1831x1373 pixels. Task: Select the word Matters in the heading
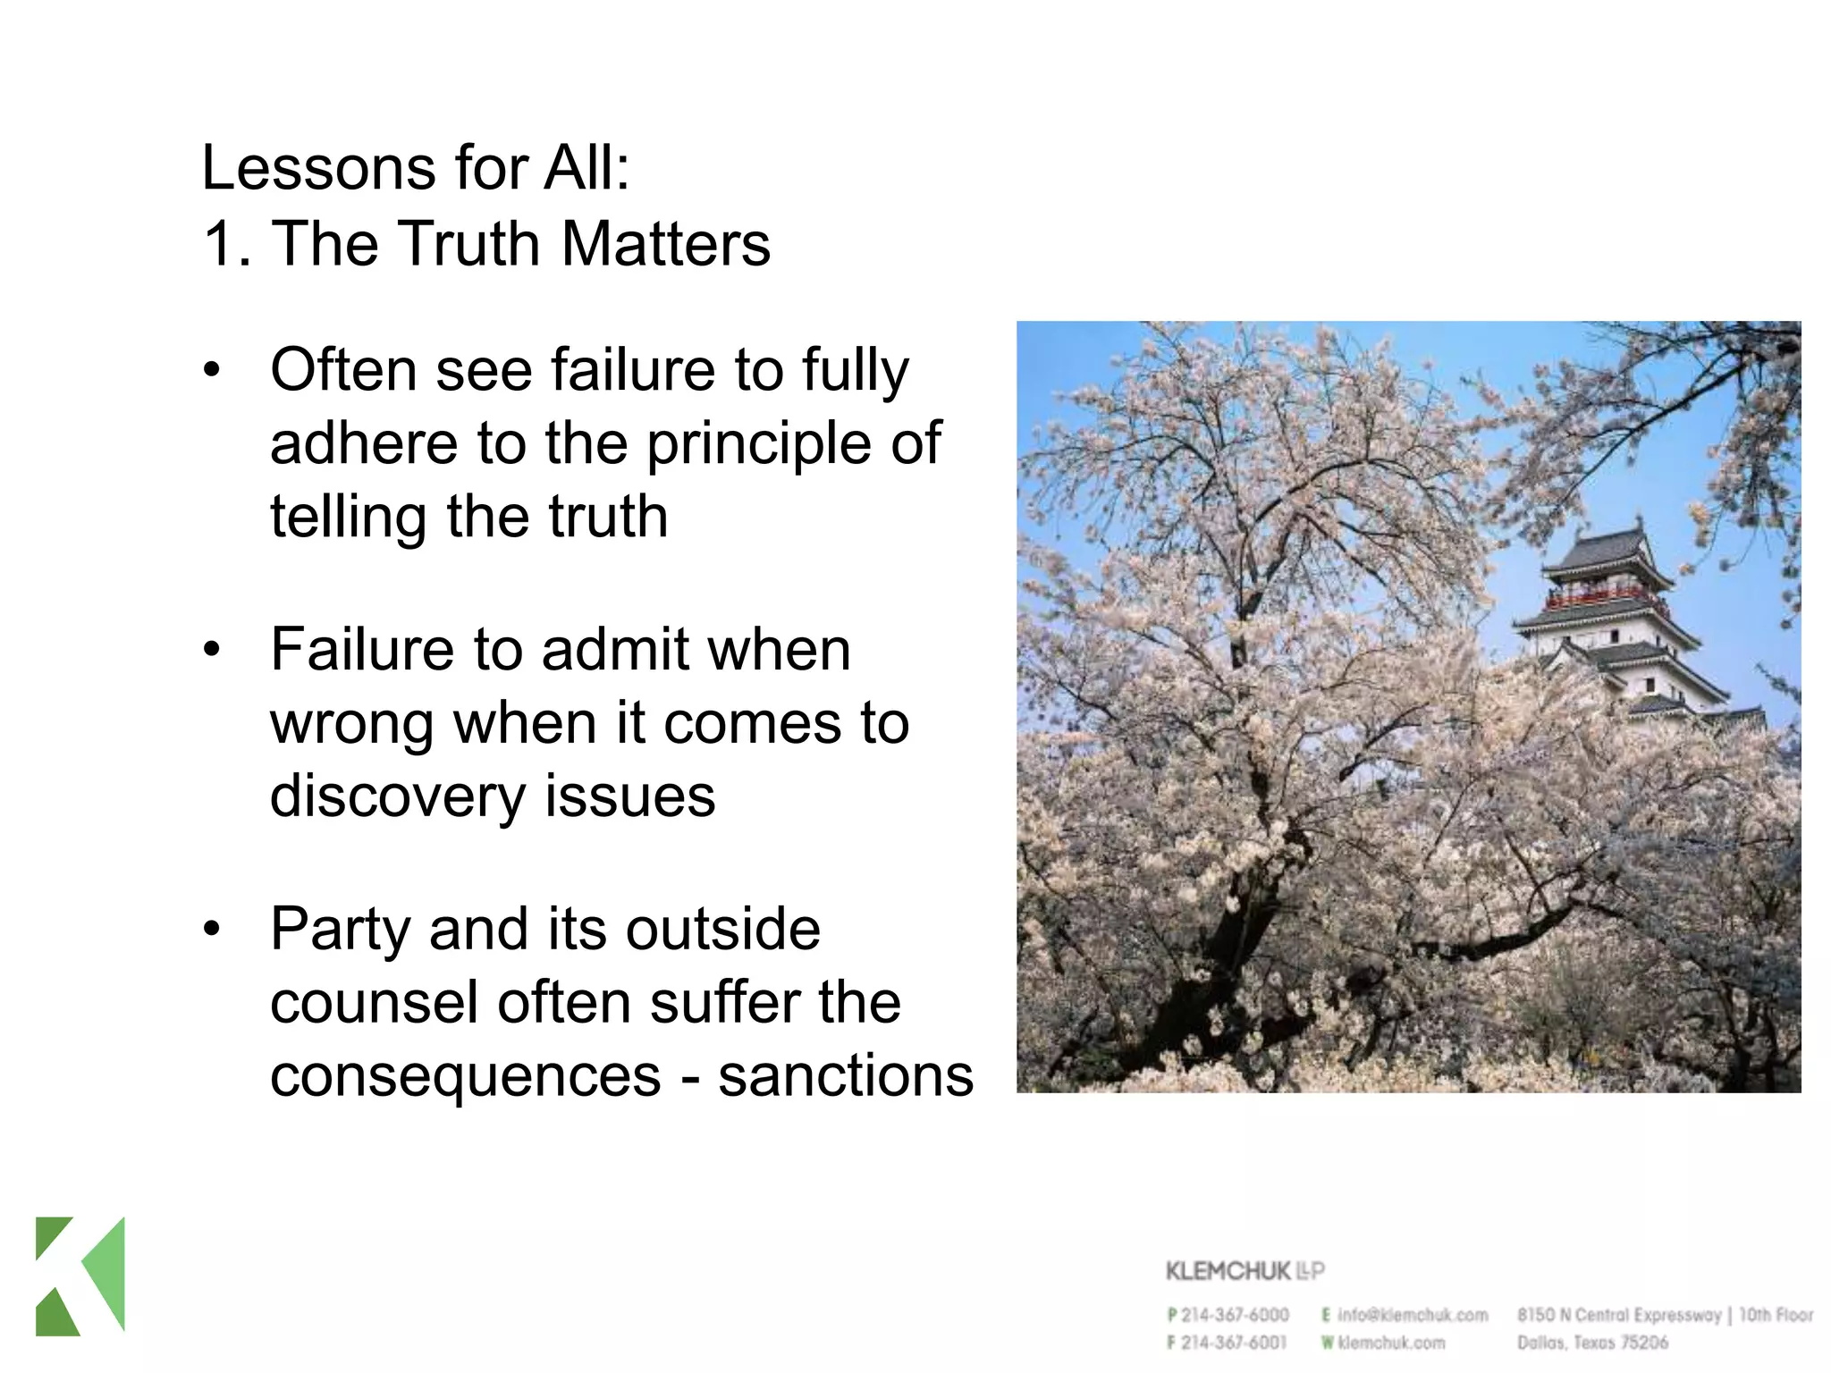666,244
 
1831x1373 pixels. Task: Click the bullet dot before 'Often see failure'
212,369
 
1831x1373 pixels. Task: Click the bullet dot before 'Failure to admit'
212,649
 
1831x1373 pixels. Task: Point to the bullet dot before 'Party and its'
212,929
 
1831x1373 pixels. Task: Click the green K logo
80,1276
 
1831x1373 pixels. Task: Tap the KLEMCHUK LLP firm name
1244,1271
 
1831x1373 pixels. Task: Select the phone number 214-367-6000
1235,1315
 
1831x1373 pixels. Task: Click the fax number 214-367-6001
1235,1342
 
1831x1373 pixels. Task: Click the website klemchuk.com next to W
1391,1342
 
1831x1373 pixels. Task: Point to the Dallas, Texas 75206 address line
1592,1342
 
